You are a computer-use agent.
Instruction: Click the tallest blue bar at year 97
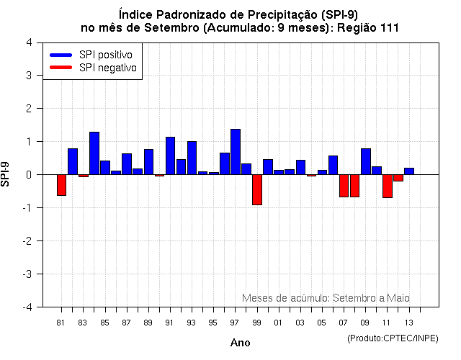(x=236, y=152)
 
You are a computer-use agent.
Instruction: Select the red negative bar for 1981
(x=62, y=185)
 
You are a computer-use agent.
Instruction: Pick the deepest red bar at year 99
(x=257, y=189)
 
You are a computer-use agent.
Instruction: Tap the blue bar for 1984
(x=94, y=153)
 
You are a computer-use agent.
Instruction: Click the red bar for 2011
(x=388, y=186)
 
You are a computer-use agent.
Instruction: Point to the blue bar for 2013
(x=409, y=171)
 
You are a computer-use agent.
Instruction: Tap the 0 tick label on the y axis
(x=28, y=175)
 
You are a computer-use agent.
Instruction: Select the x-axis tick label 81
(x=61, y=323)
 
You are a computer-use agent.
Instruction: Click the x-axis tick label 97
(x=235, y=323)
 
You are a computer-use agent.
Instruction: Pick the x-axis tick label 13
(x=408, y=323)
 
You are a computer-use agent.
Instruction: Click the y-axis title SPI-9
(x=6, y=174)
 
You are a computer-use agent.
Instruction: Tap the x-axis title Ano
(x=240, y=343)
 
